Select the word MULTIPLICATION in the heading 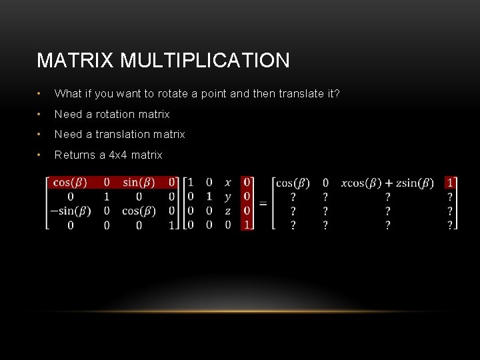[205, 61]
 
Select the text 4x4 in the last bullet [118, 155]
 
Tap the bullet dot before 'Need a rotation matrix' [41, 114]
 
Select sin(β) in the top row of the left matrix [139, 182]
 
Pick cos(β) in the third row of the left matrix [139, 211]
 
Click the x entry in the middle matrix [228, 182]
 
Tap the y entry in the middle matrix [228, 197]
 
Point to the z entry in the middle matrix [228, 211]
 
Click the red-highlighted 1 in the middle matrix [247, 225]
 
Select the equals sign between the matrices [263, 203]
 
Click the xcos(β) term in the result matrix [361, 183]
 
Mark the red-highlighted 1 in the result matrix [451, 183]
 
